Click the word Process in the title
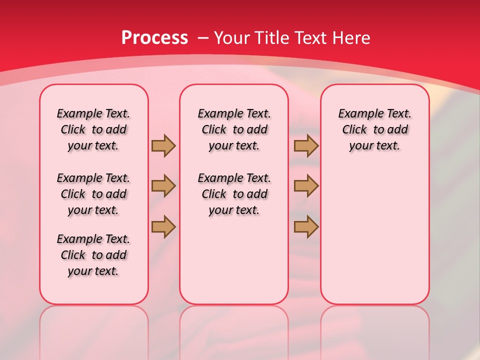pos(154,38)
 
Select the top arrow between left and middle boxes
pos(163,146)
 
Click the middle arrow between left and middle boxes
pos(163,186)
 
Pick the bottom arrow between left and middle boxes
pos(163,226)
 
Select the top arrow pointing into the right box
pos(306,146)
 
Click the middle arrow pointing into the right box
pos(306,186)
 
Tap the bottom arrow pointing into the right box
pos(306,226)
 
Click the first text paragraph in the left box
pos(93,129)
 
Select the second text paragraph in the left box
pos(93,194)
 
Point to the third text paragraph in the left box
pos(93,255)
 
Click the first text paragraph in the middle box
pos(234,129)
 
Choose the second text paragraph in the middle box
pos(234,194)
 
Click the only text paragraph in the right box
pos(375,129)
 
